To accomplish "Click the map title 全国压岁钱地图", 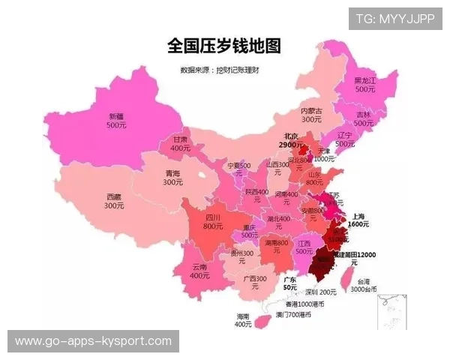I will click(223, 46).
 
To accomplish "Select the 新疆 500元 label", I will click(116, 121).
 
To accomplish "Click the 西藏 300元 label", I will click(114, 201).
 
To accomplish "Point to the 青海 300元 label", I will click(173, 177).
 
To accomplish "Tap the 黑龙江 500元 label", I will click(365, 84).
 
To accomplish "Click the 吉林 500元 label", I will click(364, 118).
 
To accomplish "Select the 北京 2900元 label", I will click(290, 140).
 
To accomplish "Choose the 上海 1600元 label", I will click(358, 220).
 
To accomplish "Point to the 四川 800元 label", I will click(213, 221).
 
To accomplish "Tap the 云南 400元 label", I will click(199, 271).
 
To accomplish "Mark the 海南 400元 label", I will click(243, 320).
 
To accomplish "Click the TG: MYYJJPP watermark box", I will click(395, 19).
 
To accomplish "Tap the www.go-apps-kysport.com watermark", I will click(93, 341).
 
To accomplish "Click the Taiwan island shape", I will click(346, 277).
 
